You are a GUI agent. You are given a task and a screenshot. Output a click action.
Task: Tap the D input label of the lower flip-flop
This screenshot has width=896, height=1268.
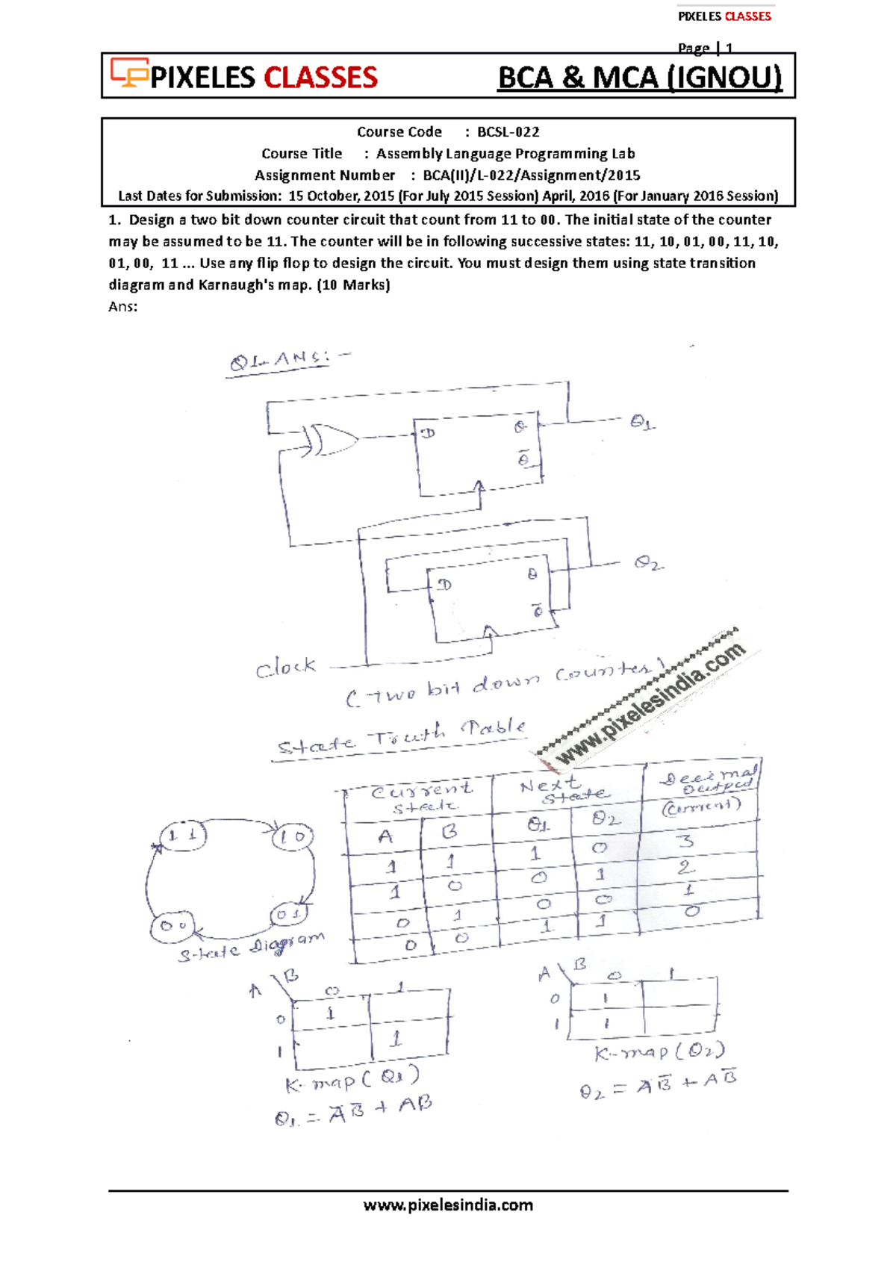click(445, 584)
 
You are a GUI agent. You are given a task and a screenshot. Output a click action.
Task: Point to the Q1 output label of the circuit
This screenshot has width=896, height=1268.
click(641, 423)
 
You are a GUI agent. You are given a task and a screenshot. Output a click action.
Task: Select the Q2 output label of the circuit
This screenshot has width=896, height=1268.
click(647, 563)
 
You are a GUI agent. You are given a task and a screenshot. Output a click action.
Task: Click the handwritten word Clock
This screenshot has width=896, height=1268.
click(286, 667)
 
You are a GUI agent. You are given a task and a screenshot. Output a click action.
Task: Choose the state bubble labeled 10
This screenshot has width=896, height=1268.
click(292, 836)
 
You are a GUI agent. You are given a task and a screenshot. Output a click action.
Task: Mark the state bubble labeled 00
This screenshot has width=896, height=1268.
click(172, 926)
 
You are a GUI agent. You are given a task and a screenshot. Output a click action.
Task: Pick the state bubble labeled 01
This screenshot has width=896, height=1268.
click(287, 914)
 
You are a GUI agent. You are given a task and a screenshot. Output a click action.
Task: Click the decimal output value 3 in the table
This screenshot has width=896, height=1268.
click(685, 842)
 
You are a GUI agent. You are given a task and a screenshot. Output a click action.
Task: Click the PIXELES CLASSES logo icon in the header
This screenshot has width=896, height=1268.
click(129, 72)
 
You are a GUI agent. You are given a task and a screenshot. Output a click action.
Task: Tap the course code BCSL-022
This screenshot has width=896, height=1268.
click(508, 132)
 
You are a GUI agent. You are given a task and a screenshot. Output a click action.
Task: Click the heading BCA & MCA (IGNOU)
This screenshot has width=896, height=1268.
click(640, 78)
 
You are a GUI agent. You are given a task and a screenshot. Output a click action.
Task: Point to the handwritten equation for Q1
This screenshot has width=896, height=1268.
click(353, 1110)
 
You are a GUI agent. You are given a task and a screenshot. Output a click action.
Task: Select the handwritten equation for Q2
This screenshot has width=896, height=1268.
click(659, 1084)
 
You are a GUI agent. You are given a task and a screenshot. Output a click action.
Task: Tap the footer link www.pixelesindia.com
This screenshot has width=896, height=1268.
click(448, 1205)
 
